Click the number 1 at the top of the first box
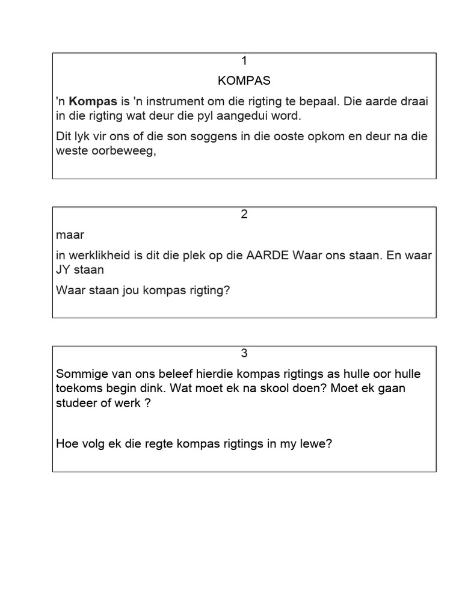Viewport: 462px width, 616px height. (x=244, y=60)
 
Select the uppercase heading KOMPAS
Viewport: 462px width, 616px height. (x=244, y=80)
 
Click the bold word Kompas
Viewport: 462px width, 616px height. (x=93, y=101)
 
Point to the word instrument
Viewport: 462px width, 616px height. (x=177, y=101)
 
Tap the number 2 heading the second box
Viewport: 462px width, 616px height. (x=244, y=214)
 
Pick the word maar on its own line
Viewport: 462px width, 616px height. (x=70, y=235)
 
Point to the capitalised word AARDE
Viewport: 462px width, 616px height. (x=268, y=255)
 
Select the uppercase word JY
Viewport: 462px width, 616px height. (x=64, y=269)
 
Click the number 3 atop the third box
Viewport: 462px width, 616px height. (x=244, y=353)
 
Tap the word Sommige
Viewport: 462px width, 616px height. (x=81, y=374)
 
